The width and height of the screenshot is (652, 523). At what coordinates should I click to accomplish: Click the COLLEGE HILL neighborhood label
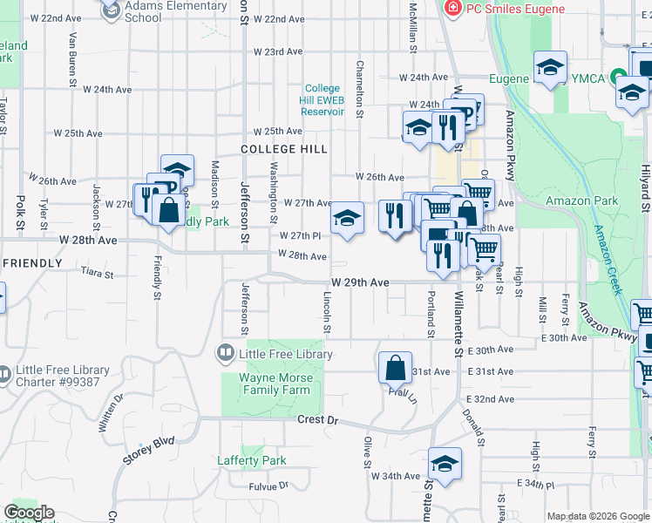coord(284,149)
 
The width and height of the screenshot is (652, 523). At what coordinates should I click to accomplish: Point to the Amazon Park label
coord(581,200)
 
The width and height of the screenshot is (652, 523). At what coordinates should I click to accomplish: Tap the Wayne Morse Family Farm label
coord(275,384)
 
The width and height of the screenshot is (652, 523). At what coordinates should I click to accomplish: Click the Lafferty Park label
coord(250,460)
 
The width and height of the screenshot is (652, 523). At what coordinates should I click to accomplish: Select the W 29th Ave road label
coord(360,283)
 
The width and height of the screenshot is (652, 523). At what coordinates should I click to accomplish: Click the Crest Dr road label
coord(317,420)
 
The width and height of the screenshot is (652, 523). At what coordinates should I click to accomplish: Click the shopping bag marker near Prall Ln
coord(395,368)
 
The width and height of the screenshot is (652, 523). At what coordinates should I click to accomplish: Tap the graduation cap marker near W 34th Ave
coord(445,463)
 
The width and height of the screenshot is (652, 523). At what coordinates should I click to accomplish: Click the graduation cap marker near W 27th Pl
coord(347,218)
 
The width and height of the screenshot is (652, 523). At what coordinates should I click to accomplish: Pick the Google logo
coord(29,513)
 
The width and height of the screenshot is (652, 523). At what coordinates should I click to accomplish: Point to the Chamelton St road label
coord(358,90)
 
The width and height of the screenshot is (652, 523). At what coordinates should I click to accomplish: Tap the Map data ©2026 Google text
coord(598,516)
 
